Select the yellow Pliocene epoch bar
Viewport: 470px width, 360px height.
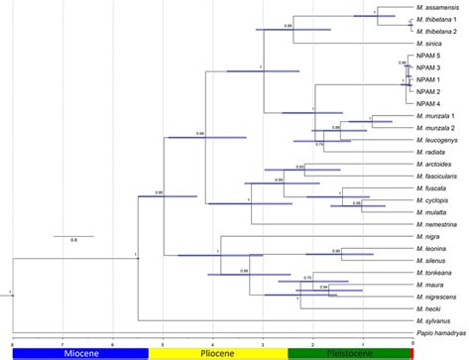217,353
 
